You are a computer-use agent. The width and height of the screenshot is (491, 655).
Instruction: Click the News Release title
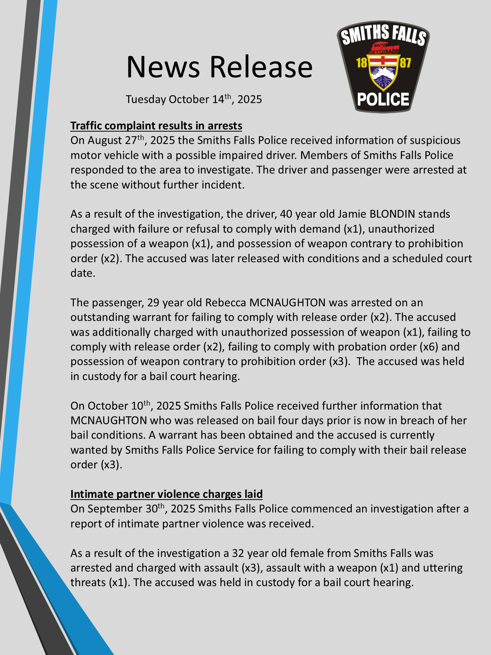pos(219,67)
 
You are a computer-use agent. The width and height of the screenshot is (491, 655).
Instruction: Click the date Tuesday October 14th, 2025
pos(194,99)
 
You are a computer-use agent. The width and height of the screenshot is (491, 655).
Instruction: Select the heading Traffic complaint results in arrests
pos(156,126)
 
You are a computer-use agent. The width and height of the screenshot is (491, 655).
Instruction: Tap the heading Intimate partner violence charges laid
pos(166,494)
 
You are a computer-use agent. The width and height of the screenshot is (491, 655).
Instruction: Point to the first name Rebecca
pos(226,302)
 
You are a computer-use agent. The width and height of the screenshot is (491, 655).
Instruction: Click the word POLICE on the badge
pos(383,99)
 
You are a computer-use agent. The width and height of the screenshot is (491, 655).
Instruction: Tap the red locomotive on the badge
pos(383,48)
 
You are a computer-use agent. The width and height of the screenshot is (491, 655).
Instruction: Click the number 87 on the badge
pos(405,63)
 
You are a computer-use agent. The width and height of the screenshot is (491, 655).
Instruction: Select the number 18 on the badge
pos(362,63)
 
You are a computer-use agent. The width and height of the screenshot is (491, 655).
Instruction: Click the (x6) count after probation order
pos(429,346)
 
